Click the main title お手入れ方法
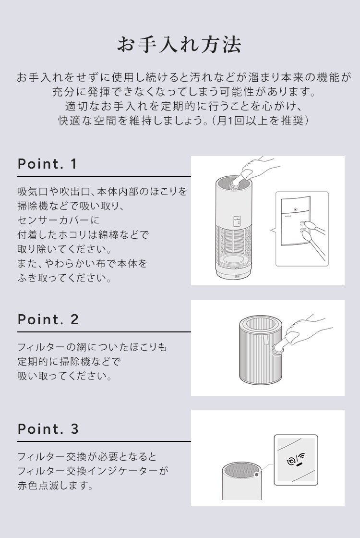(180, 45)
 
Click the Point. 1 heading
(47, 164)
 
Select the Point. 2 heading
(48, 319)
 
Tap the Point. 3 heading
(48, 429)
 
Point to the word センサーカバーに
(58, 220)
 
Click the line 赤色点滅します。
(55, 485)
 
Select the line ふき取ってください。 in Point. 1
(65, 279)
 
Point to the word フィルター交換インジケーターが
(93, 471)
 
